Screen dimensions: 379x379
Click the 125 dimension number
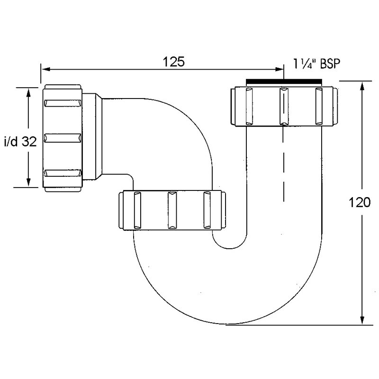pos(173,62)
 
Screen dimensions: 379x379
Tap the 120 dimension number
pos(360,202)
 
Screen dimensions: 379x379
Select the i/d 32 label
pos(20,141)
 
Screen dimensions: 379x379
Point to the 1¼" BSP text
pos(316,64)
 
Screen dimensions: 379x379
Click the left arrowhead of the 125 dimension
pos(46,69)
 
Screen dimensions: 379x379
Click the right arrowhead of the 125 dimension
pos(279,69)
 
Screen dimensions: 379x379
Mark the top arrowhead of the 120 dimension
pos(362,86)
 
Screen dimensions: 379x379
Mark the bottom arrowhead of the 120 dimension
pos(362,320)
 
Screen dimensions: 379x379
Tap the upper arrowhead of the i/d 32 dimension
pos(28,93)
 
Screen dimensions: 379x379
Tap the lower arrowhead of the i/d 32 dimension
pos(28,182)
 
